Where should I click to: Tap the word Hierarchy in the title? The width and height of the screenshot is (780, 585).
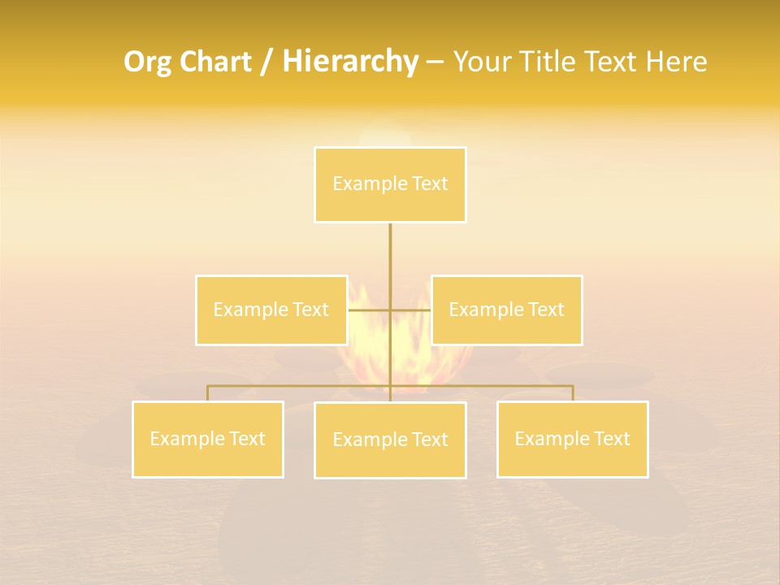350,62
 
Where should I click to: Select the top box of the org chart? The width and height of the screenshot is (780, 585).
390,184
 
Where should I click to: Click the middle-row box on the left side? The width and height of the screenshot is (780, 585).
271,310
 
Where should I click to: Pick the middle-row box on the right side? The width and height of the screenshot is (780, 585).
506,310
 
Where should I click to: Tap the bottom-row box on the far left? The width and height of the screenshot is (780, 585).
208,440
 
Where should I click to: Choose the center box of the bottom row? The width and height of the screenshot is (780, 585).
390,440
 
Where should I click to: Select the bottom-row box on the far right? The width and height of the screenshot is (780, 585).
572,440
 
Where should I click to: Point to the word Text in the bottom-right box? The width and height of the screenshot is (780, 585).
611,440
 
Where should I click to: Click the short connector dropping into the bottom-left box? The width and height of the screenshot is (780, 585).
208,393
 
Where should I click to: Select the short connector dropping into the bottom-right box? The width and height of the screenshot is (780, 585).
572,393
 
